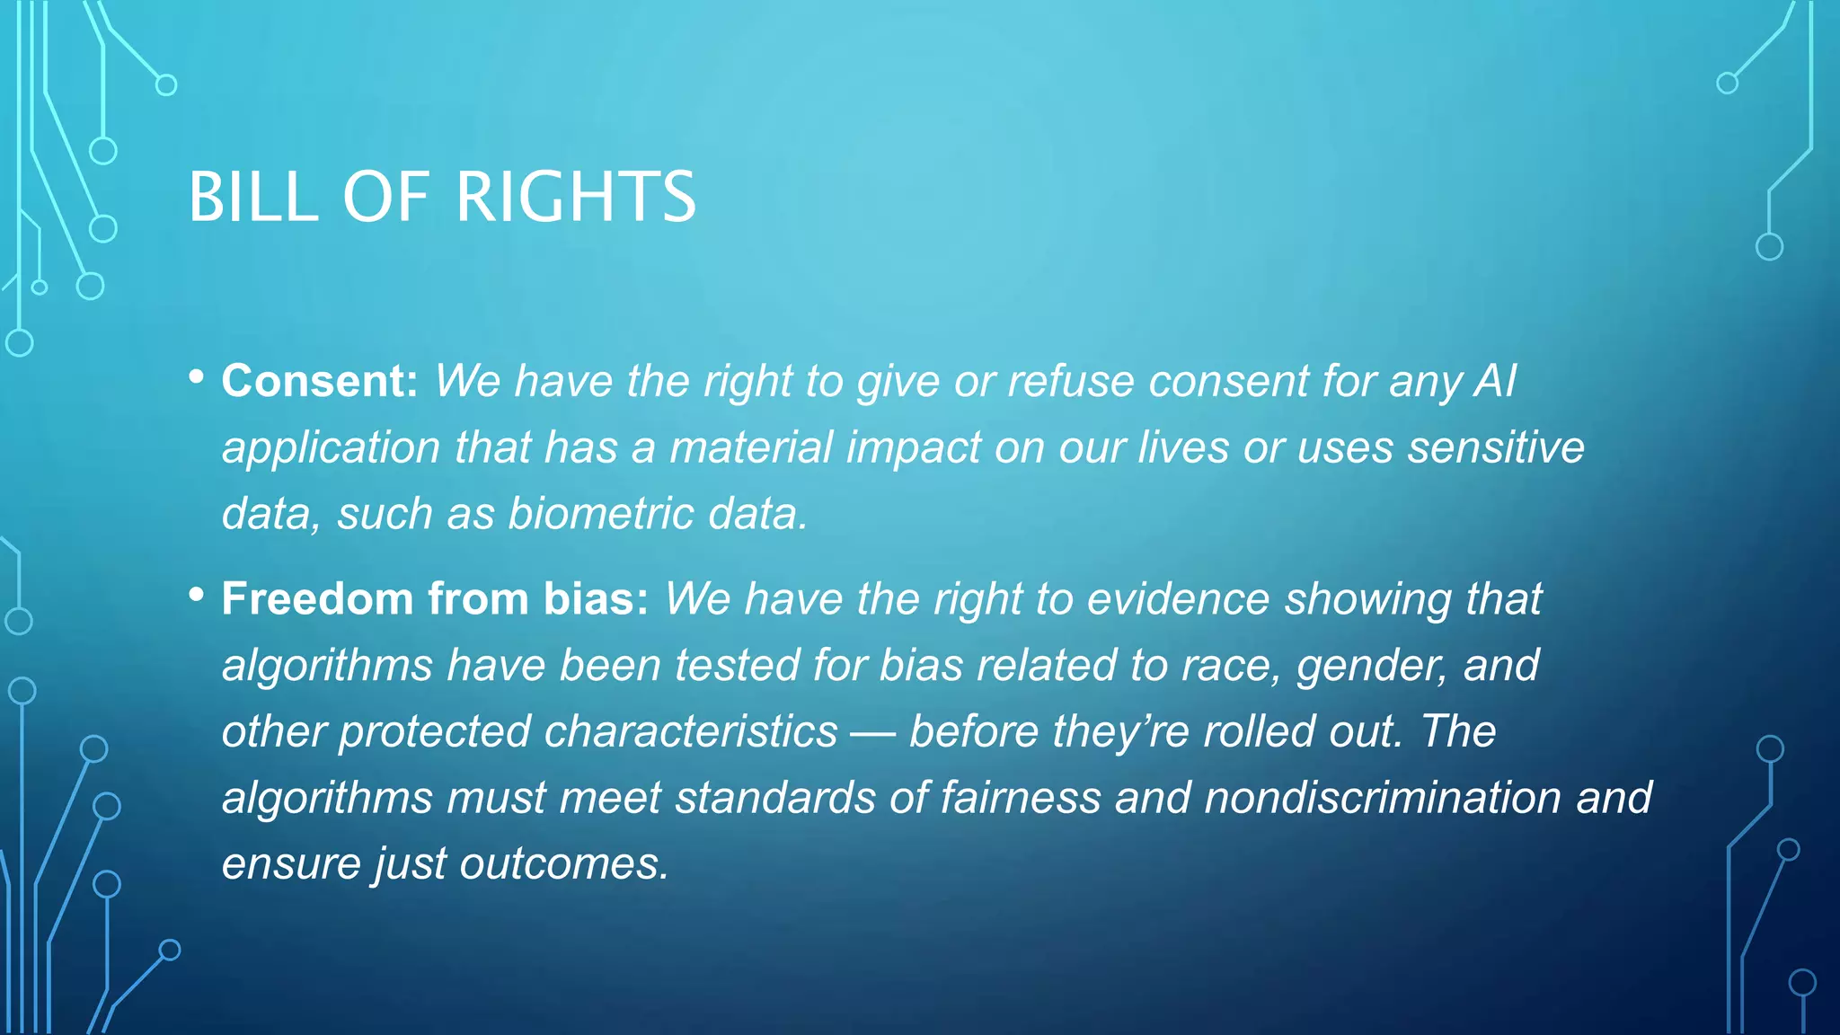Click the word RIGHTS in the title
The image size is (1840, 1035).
(576, 197)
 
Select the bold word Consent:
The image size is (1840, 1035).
(320, 381)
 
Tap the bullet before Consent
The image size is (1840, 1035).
(197, 377)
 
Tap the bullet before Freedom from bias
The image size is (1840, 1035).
(197, 595)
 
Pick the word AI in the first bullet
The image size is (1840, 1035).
(1495, 381)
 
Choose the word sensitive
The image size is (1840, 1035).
(1496, 447)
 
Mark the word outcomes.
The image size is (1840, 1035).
(565, 864)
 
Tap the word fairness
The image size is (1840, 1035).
(1021, 798)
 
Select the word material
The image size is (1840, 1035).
(751, 447)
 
